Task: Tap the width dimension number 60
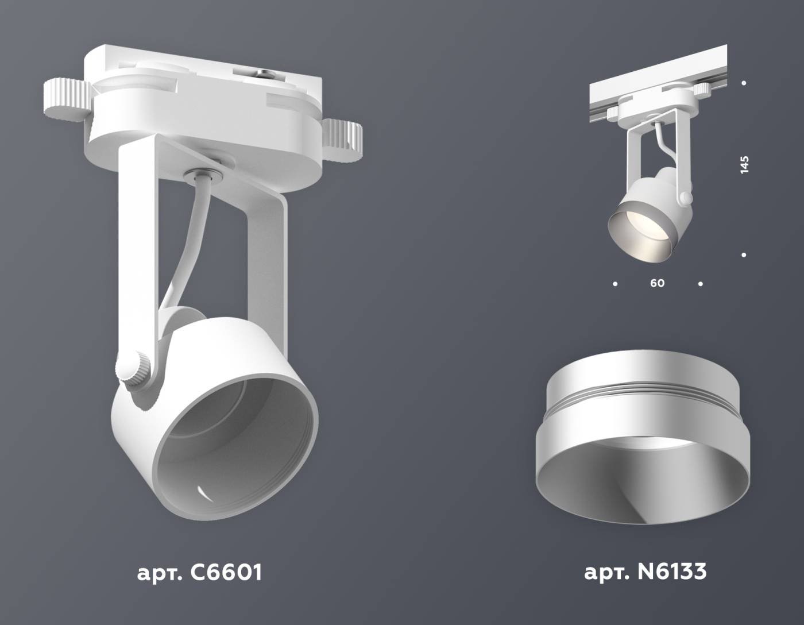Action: pyautogui.click(x=658, y=283)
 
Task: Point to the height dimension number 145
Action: pyautogui.click(x=744, y=164)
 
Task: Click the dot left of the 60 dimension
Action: pyautogui.click(x=616, y=284)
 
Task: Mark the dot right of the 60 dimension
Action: pyautogui.click(x=700, y=284)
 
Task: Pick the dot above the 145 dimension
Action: pyautogui.click(x=744, y=83)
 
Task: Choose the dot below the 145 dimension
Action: pyautogui.click(x=744, y=254)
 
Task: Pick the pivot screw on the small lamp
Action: pyautogui.click(x=685, y=198)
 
